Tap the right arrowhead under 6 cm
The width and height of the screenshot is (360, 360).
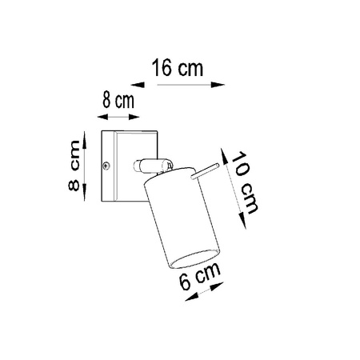(223, 287)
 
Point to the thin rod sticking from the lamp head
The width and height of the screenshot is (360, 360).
(205, 170)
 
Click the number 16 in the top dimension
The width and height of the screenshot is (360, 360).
(162, 68)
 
